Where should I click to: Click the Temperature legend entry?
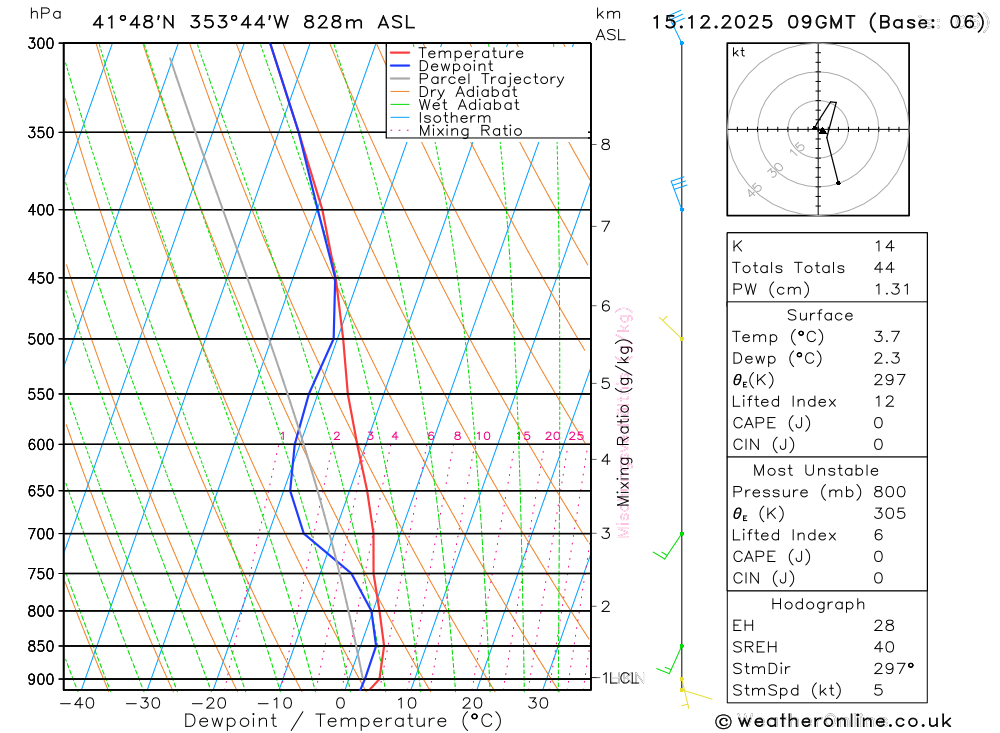pyautogui.click(x=470, y=53)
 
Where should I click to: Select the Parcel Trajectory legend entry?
pyautogui.click(x=491, y=79)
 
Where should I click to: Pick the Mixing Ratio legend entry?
pyautogui.click(x=470, y=131)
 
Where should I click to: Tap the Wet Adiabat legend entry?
pyautogui.click(x=469, y=105)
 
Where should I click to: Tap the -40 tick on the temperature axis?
pyautogui.click(x=77, y=703)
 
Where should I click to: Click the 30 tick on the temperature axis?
pyautogui.click(x=538, y=703)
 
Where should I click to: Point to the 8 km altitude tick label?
pyautogui.click(x=606, y=144)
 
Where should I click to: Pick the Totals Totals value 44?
pyautogui.click(x=884, y=268)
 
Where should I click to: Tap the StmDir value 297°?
pyautogui.click(x=893, y=668)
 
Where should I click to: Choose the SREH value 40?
pyautogui.click(x=884, y=647)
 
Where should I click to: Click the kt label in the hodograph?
pyautogui.click(x=739, y=52)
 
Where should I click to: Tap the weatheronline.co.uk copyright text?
pyautogui.click(x=834, y=721)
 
